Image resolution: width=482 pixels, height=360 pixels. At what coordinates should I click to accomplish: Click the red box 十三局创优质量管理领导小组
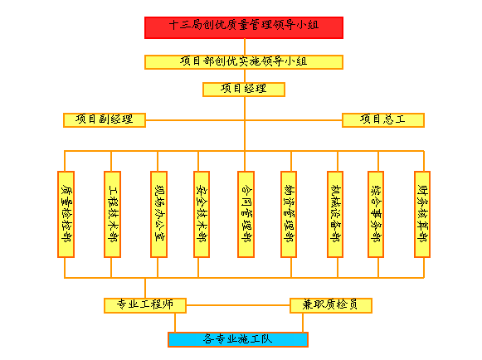click(244, 27)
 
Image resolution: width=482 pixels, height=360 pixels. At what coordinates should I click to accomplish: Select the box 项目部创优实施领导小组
click(244, 62)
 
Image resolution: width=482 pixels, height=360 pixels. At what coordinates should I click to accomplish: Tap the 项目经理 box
click(244, 90)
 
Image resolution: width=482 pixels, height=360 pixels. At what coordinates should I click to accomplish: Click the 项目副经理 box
click(105, 120)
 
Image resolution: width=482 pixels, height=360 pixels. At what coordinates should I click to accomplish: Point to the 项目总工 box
click(383, 120)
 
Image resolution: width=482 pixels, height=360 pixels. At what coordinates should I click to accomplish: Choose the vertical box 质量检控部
click(66, 214)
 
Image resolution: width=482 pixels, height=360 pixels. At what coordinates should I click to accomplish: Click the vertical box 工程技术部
click(113, 214)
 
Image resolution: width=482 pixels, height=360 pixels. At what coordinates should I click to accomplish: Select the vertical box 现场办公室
click(159, 214)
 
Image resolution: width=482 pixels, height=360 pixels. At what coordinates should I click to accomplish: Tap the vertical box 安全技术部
click(202, 214)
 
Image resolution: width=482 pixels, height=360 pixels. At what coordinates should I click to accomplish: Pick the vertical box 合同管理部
click(246, 214)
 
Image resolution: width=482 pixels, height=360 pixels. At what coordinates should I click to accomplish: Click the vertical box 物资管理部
click(289, 214)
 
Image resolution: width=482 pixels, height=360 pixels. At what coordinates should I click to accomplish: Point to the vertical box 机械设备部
click(335, 214)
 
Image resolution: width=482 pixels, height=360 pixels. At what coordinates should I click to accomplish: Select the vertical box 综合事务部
click(376, 214)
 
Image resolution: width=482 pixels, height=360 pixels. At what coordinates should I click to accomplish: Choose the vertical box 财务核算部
click(422, 214)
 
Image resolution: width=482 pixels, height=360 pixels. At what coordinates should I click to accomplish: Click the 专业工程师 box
click(145, 305)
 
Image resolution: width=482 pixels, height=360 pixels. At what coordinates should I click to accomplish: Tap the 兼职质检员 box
click(331, 305)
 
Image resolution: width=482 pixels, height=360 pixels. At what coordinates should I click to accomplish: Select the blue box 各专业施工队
click(238, 340)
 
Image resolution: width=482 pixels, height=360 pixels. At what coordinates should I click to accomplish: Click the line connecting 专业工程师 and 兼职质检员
click(238, 305)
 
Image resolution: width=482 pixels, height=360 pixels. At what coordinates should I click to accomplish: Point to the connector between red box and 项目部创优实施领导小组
click(245, 46)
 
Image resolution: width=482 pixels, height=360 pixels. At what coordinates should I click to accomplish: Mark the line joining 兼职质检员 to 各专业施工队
click(303, 323)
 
